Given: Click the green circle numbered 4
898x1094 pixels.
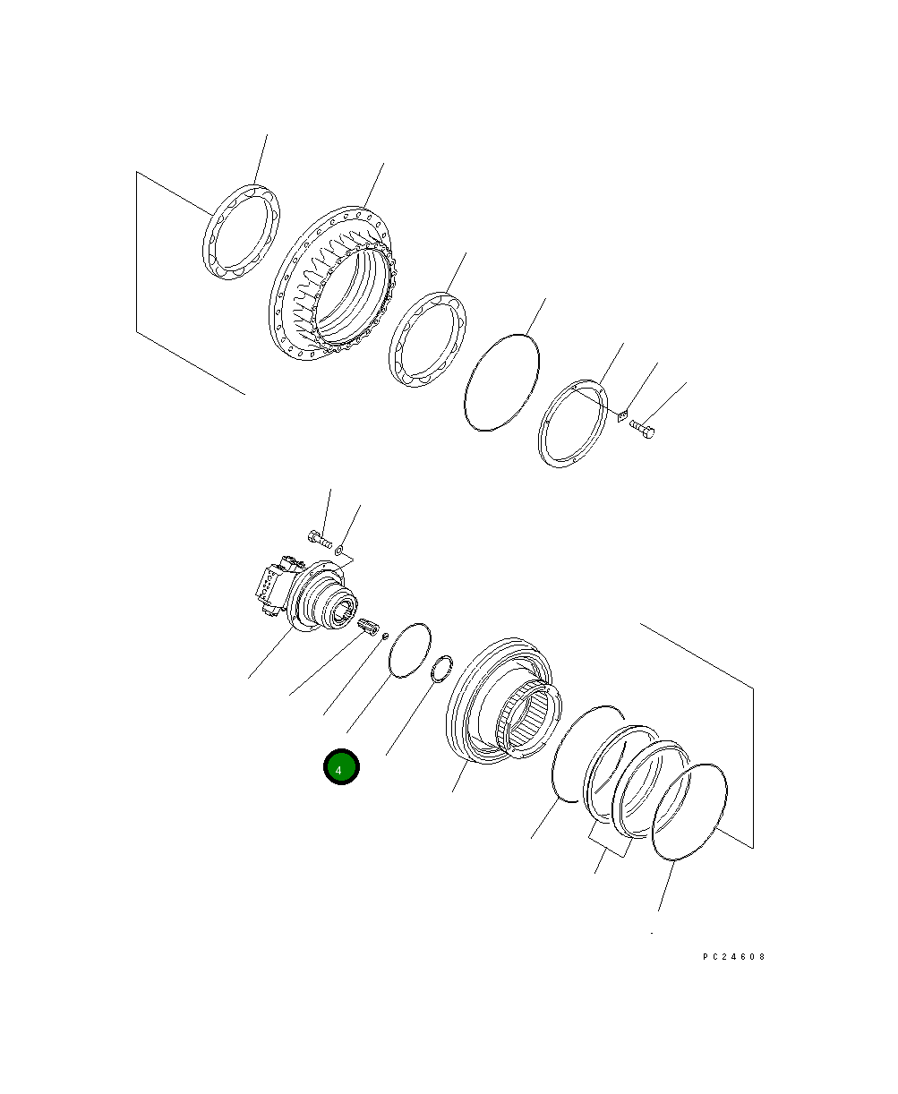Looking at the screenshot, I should point(341,767).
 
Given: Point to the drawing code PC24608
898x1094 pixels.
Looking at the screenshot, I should point(733,956).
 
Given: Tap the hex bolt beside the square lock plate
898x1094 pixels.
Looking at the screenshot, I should point(643,431).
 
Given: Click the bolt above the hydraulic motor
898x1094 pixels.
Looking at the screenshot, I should point(320,539).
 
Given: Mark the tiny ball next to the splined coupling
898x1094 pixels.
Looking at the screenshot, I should point(385,637).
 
